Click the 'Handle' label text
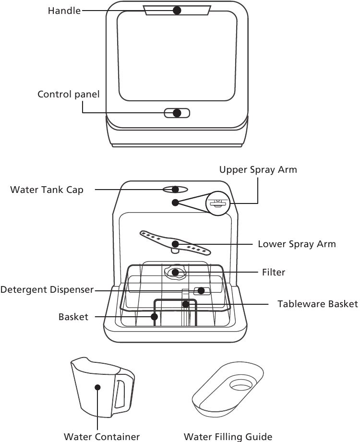pyautogui.click(x=64, y=10)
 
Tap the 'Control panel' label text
pyautogui.click(x=69, y=94)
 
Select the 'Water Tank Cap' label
pyautogui.click(x=47, y=190)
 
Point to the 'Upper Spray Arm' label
pyautogui.click(x=258, y=169)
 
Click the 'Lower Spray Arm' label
pyautogui.click(x=297, y=244)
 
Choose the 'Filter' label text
pyautogui.click(x=273, y=272)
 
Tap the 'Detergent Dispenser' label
pyautogui.click(x=47, y=290)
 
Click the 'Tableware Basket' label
pyautogui.click(x=317, y=304)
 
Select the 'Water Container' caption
pyautogui.click(x=102, y=436)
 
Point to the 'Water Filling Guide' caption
pyautogui.click(x=228, y=436)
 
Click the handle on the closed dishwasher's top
pyautogui.click(x=177, y=10)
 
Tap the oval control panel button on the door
pyautogui.click(x=177, y=113)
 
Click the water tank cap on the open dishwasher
pyautogui.click(x=176, y=190)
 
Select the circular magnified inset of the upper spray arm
pyautogui.click(x=218, y=203)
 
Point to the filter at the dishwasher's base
pyautogui.click(x=176, y=273)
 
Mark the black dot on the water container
pyautogui.click(x=97, y=387)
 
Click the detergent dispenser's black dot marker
pyautogui.click(x=201, y=290)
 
